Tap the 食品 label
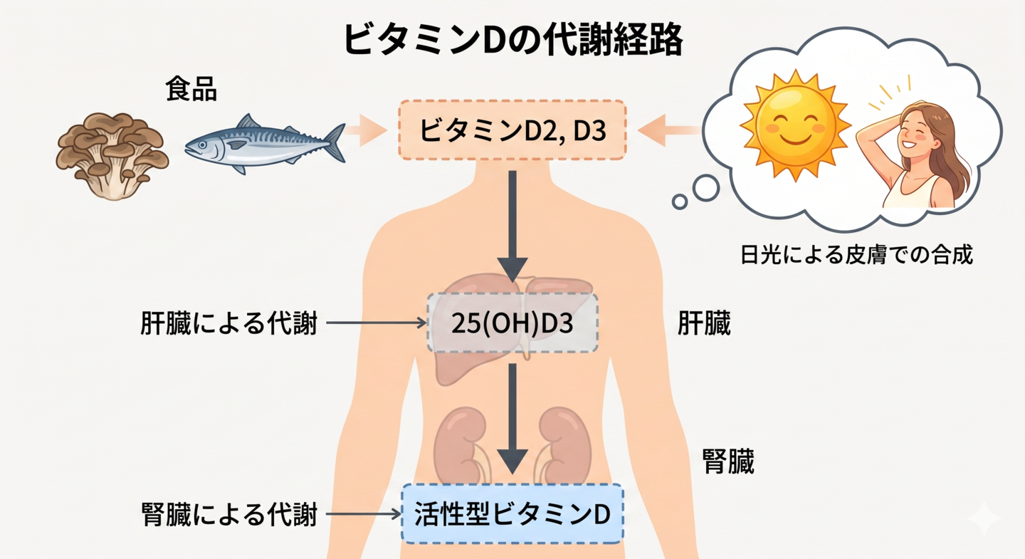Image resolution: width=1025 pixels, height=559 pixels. coord(191,89)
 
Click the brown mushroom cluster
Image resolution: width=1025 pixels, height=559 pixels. coord(112,156)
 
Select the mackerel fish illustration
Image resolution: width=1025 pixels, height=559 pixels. coord(265,144)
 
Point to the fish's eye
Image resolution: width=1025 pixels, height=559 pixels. coord(202,145)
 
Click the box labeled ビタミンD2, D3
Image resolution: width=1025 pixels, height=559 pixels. coord(512,130)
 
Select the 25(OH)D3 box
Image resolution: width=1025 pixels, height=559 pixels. coord(512,323)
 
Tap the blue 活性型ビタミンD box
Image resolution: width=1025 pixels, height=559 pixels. coord(512,513)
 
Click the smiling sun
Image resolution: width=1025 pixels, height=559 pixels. coord(796,125)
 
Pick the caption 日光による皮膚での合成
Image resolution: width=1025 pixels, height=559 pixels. coord(856,254)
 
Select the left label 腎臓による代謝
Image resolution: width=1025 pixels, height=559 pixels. coord(228,514)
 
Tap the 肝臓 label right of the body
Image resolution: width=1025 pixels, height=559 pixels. coord(704,323)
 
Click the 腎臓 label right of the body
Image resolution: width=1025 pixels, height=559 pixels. coord(728,461)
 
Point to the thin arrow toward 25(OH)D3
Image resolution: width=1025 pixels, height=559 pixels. coord(376,323)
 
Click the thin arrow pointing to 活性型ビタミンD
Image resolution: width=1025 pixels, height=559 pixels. coord(363,513)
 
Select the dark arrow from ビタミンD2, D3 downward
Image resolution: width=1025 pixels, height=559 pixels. coord(512,226)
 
